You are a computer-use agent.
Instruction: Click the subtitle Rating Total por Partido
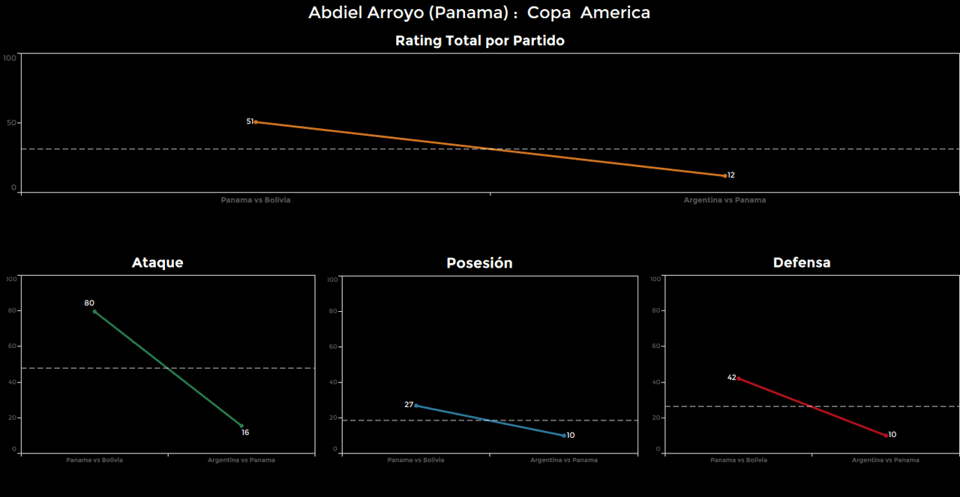click(479, 41)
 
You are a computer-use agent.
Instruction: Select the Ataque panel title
click(157, 262)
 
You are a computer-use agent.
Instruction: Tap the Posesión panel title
click(479, 263)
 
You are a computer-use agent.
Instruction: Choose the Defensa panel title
click(802, 262)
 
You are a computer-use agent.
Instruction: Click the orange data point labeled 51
click(256, 122)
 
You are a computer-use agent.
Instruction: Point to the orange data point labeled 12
click(724, 175)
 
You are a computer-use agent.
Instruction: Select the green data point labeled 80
click(94, 311)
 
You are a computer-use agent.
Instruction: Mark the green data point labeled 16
click(241, 426)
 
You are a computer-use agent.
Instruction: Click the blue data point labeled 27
click(416, 406)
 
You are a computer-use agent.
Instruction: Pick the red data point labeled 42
click(738, 379)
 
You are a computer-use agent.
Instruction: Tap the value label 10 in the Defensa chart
click(892, 435)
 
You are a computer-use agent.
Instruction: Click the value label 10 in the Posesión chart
click(571, 436)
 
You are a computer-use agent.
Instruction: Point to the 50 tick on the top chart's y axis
click(11, 123)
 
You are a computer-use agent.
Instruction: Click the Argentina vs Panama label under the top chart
click(724, 200)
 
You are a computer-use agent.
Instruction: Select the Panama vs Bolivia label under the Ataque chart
click(94, 460)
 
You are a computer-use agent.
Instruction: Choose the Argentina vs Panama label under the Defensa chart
click(885, 460)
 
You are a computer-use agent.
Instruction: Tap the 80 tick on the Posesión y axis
click(334, 311)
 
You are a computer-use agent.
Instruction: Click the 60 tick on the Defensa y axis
click(655, 347)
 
